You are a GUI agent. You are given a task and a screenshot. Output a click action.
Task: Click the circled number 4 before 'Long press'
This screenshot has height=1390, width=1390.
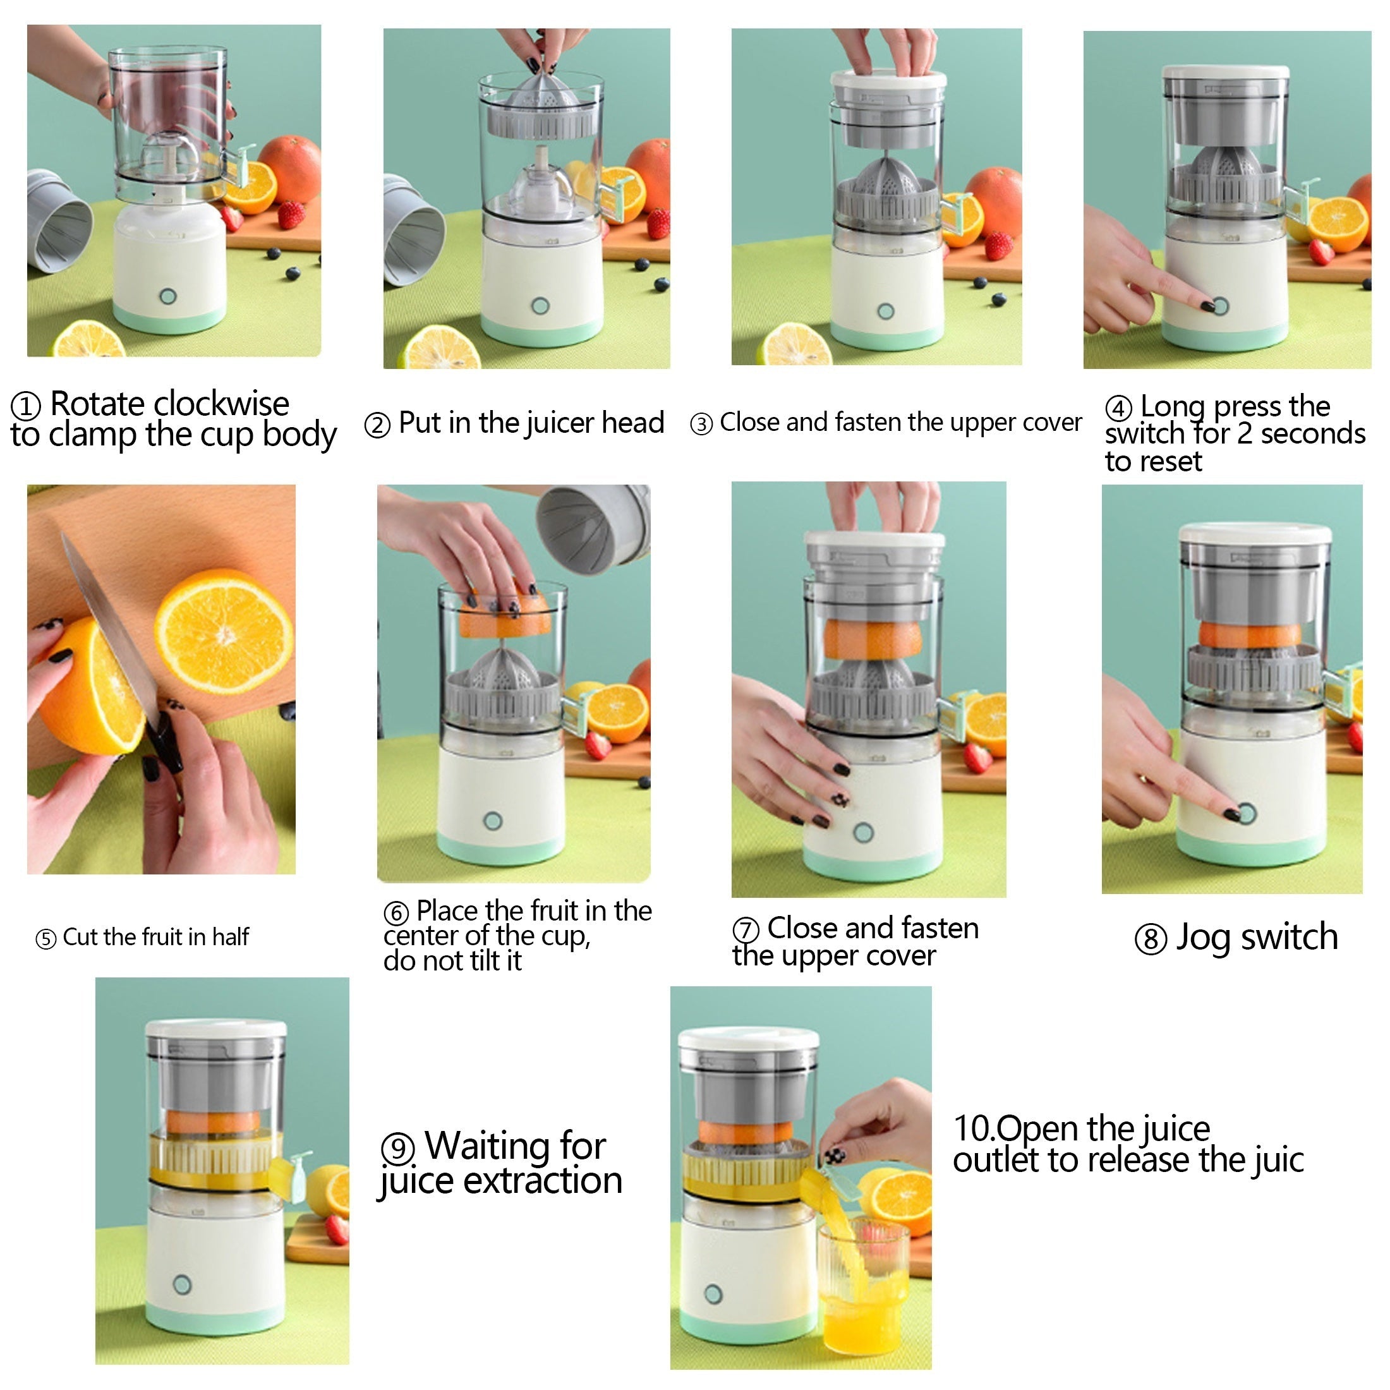click(x=1119, y=409)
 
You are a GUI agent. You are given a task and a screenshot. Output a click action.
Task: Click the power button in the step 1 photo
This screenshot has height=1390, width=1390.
click(x=168, y=296)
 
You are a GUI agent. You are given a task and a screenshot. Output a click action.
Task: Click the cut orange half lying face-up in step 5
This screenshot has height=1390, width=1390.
click(x=224, y=634)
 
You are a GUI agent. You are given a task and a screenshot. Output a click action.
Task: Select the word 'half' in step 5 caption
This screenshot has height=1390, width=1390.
click(x=230, y=938)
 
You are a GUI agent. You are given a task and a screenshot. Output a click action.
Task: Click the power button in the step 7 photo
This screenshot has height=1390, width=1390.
click(x=862, y=832)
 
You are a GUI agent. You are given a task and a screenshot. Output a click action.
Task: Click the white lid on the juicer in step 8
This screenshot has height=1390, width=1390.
click(x=1254, y=533)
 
